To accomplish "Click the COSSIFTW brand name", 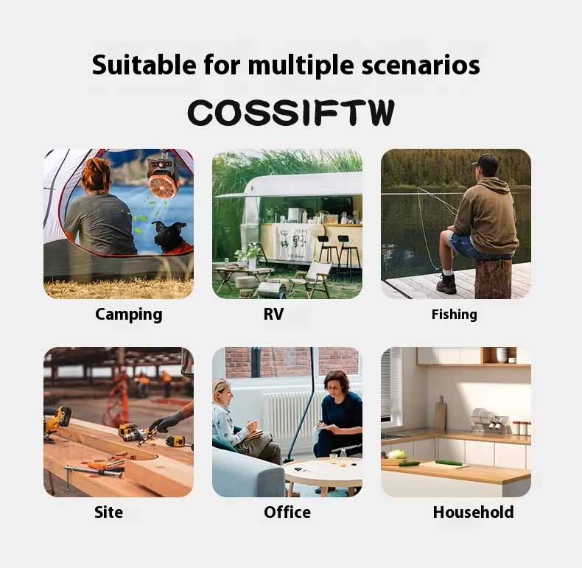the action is click(290, 112).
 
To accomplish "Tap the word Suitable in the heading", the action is click(144, 65).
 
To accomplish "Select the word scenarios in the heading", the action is click(421, 66).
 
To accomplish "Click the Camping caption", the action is click(128, 315).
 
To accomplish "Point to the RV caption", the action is click(273, 314).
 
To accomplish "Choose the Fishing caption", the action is click(454, 315).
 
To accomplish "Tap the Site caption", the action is click(108, 512).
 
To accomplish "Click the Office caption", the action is click(287, 512).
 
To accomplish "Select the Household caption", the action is click(473, 512).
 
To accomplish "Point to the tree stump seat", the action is click(493, 278).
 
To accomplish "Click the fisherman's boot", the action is click(446, 284).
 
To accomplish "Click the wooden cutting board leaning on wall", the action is click(441, 413).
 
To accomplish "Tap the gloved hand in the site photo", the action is click(166, 423).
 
